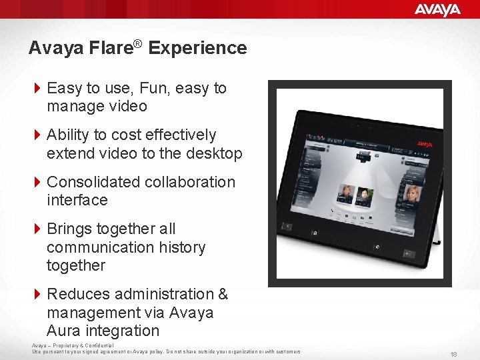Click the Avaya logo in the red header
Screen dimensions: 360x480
[437, 9]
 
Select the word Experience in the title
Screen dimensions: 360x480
[197, 48]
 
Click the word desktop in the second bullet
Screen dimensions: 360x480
[215, 153]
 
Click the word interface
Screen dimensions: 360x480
[77, 200]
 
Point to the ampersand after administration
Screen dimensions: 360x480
[222, 294]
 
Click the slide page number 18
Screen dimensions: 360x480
[453, 354]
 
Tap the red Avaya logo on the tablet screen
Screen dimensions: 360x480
[425, 143]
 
